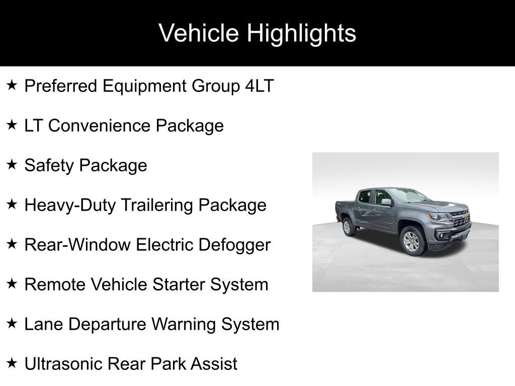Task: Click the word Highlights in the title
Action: pos(301,33)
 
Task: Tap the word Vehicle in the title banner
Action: pos(198,33)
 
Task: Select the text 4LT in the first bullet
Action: pos(260,86)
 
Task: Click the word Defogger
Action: pos(234,245)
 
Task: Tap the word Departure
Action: pos(108,325)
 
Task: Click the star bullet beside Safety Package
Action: pos(12,164)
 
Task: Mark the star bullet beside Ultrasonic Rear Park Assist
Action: pos(12,363)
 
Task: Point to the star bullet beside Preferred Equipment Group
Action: pos(12,85)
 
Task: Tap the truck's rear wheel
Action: pos(348,227)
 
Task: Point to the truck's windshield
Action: pos(409,196)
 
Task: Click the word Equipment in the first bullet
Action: pos(144,86)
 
